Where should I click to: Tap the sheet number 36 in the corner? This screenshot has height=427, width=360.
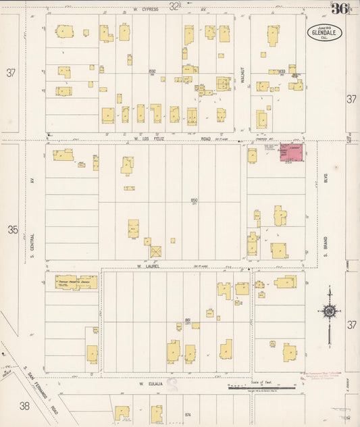(340, 9)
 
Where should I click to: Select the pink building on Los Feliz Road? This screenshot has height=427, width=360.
(292, 152)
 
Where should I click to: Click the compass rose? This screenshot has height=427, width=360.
(329, 311)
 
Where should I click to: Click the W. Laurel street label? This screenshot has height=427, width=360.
(148, 266)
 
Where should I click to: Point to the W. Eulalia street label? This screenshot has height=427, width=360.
(151, 384)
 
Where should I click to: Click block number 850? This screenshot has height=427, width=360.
(194, 201)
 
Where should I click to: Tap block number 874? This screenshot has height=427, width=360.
(188, 413)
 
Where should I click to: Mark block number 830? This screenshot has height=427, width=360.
(152, 71)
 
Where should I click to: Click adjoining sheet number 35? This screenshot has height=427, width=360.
(12, 230)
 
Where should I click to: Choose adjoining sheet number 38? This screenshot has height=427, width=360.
(25, 405)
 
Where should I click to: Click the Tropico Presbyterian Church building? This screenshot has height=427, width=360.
(76, 282)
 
